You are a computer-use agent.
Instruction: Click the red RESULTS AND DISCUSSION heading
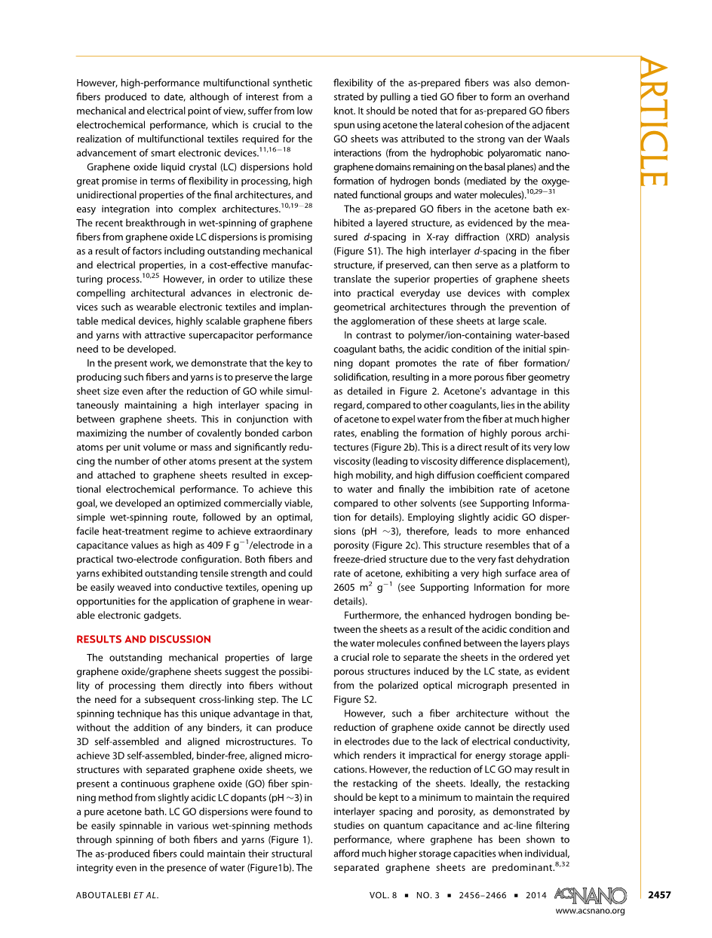tap(143, 639)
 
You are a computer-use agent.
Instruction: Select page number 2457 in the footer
tap(658, 895)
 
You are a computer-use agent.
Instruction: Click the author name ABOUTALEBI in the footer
tap(106, 895)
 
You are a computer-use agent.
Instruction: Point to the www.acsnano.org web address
tap(591, 911)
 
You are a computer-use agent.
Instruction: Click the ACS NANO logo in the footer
tap(590, 894)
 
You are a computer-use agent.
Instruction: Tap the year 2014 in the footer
tap(535, 895)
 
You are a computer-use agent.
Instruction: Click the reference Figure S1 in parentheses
tap(361, 251)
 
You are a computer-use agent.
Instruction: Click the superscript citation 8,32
tap(562, 864)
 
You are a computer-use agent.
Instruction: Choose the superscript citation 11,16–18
tap(275, 150)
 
